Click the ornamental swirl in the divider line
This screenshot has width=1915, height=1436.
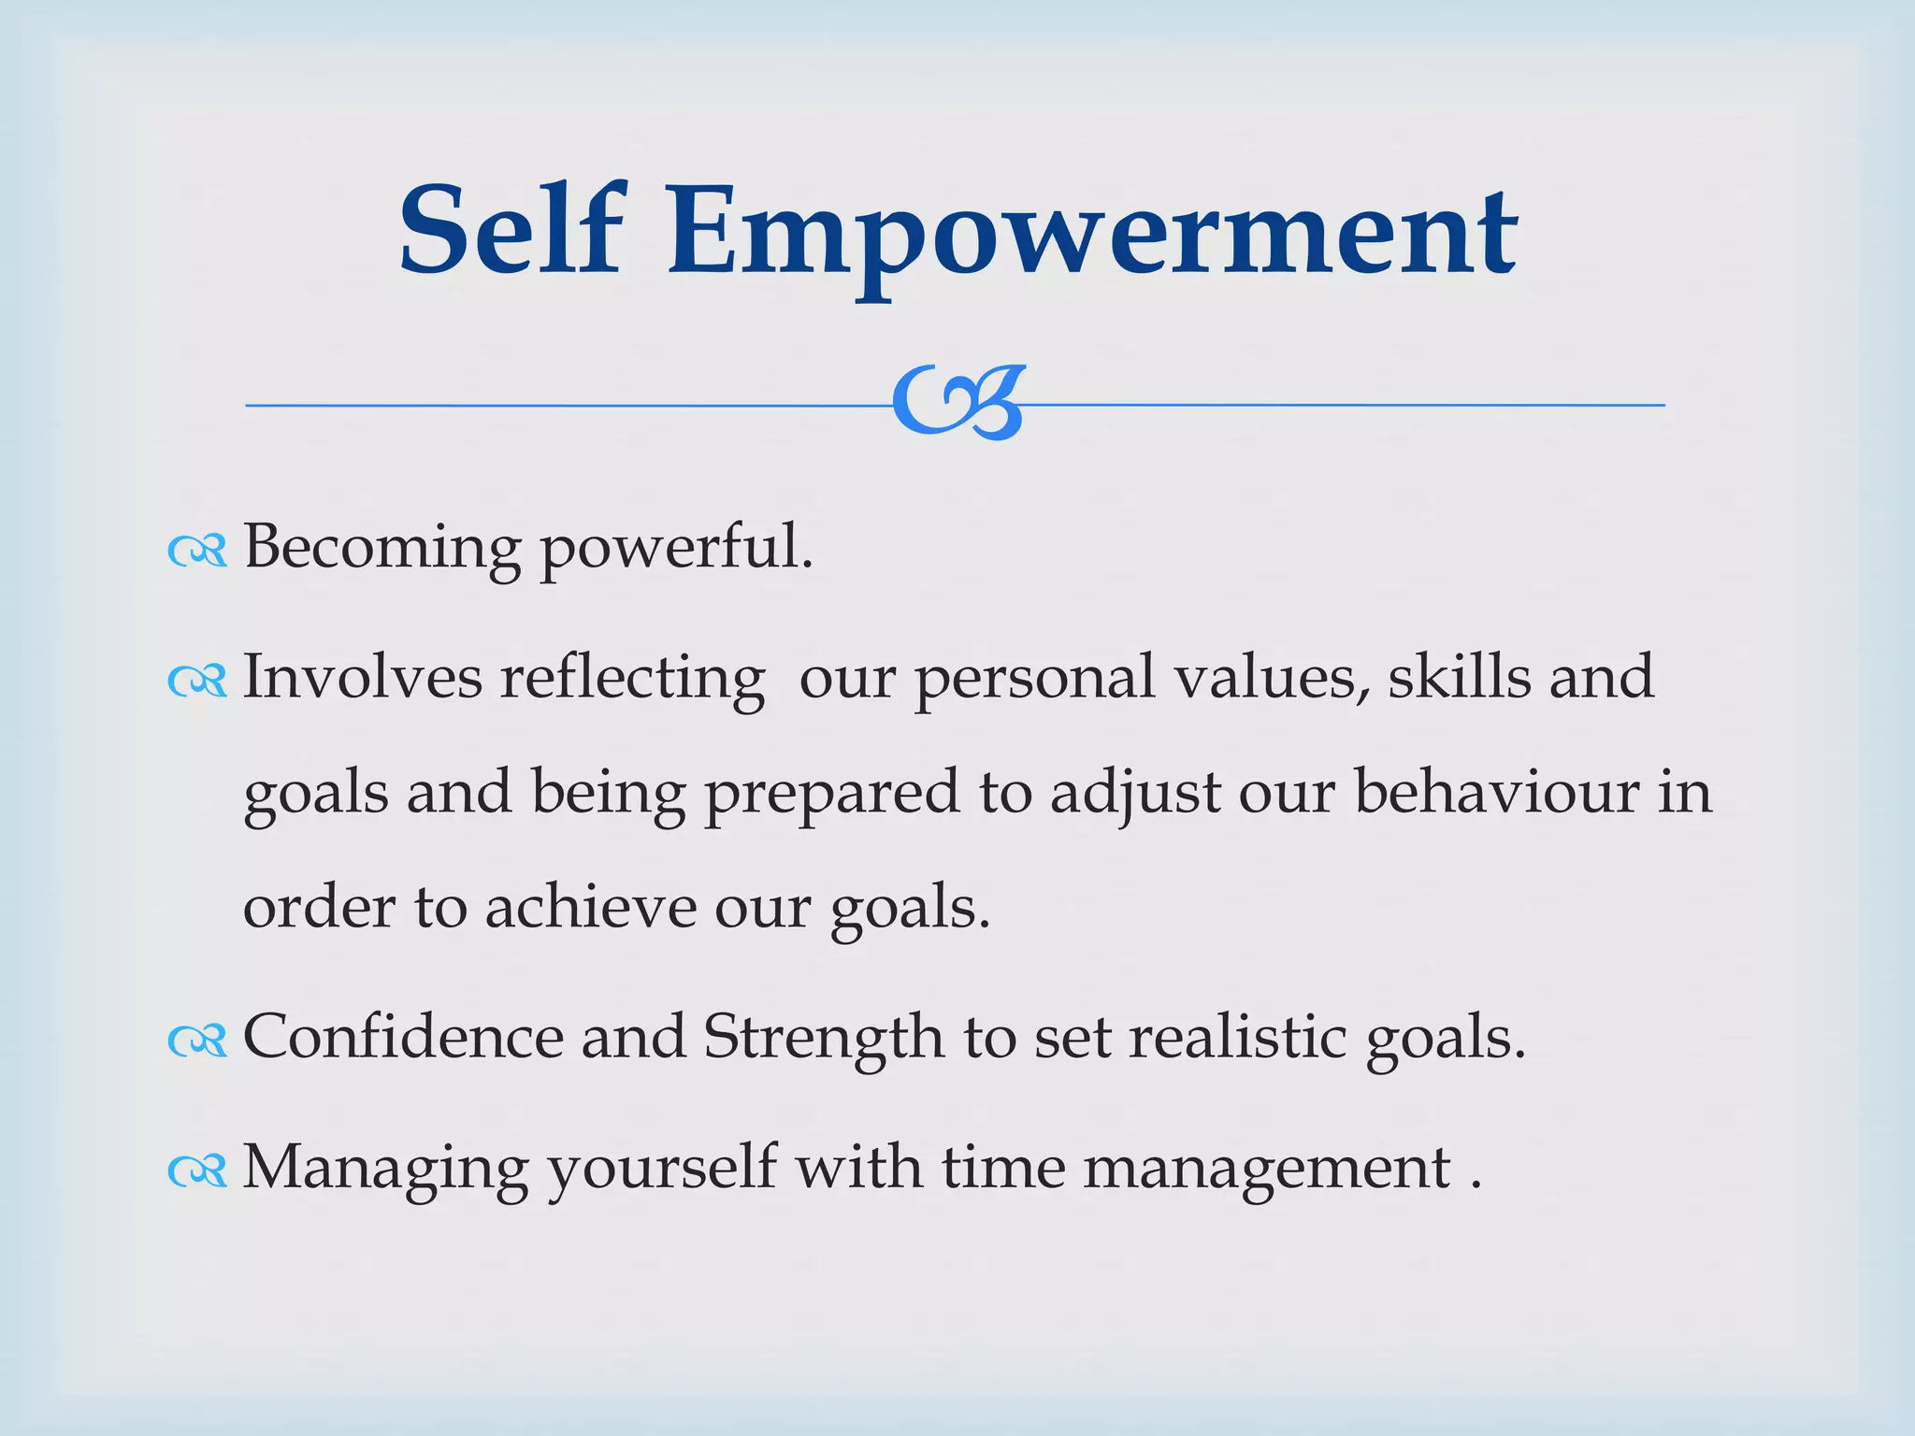point(957,402)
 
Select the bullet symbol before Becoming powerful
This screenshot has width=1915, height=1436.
point(197,552)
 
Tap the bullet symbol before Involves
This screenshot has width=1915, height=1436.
point(197,682)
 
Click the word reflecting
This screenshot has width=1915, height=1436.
point(632,679)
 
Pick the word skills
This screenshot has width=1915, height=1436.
point(1459,677)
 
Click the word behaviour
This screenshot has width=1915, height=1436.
point(1496,792)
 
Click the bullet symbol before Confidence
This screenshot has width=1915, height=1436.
point(197,1041)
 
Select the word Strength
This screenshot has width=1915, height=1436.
point(823,1039)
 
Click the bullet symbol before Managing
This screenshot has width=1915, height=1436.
point(197,1170)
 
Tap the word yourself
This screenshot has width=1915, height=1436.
point(661,1170)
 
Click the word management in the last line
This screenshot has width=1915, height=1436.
point(1266,1170)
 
